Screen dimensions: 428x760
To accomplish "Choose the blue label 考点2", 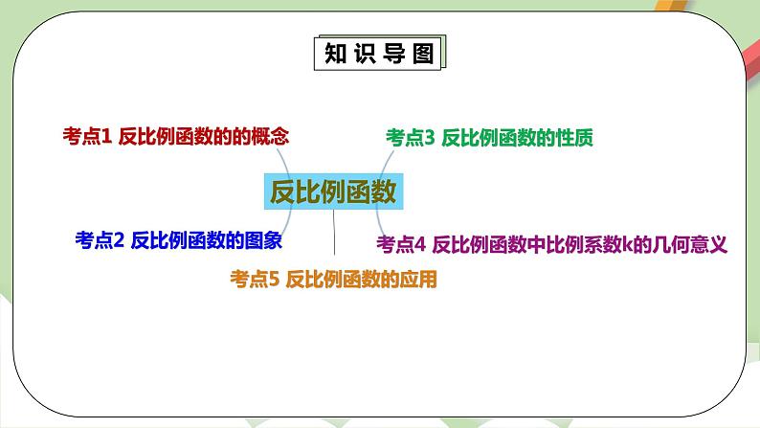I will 100,240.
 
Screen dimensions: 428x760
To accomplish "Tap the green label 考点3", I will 411,138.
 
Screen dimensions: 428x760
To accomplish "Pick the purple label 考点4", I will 400,244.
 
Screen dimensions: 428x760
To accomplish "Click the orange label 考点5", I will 254,280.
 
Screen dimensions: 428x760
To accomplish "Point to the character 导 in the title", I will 393,54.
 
